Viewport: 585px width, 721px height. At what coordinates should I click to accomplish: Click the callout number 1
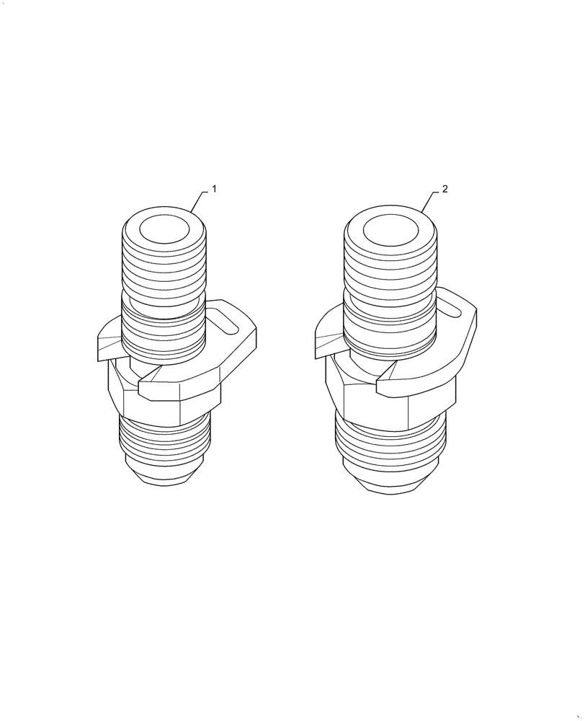pos(214,190)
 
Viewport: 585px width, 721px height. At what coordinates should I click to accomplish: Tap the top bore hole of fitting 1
pos(164,231)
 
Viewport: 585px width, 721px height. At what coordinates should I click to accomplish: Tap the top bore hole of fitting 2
pos(390,231)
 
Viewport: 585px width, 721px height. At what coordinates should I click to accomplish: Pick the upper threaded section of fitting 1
pos(164,267)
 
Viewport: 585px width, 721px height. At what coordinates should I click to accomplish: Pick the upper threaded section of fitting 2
pos(390,267)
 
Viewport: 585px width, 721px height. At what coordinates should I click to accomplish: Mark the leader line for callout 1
pos(200,198)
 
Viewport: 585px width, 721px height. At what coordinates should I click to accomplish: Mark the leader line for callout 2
pos(430,198)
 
